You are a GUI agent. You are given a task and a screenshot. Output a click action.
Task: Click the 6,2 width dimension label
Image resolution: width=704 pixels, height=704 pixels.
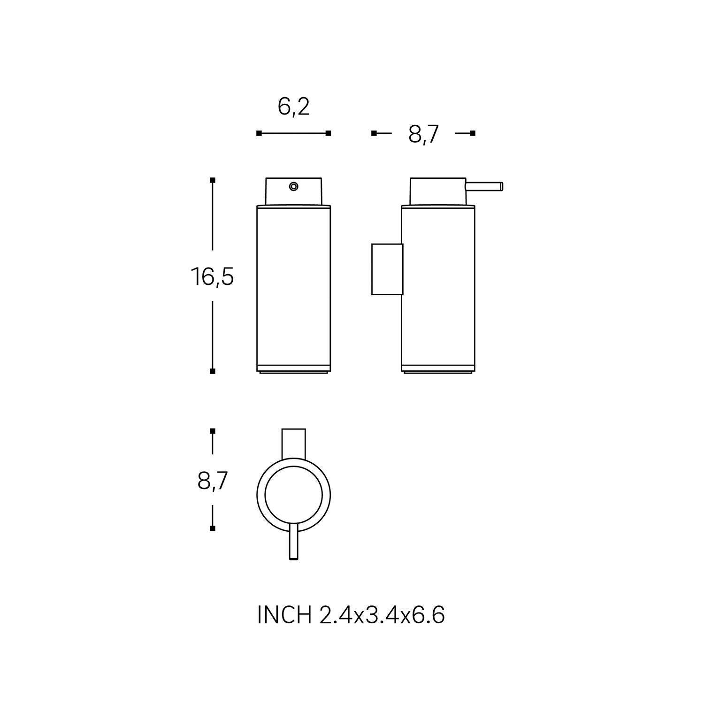[294, 108]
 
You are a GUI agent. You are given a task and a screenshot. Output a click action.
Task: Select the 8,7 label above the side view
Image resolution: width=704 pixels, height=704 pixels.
[423, 135]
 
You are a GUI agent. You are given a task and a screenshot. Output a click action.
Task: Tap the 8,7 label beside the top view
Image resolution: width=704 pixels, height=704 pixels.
[213, 481]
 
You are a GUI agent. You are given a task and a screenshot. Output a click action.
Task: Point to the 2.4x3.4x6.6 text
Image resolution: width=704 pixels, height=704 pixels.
[382, 615]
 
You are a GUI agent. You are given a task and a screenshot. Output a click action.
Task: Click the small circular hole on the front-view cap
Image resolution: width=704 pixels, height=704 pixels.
[294, 187]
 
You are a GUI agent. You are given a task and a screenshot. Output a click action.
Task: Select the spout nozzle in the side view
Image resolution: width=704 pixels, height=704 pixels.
[484, 186]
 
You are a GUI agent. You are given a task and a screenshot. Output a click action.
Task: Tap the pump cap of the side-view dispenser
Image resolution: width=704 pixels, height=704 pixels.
[438, 191]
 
